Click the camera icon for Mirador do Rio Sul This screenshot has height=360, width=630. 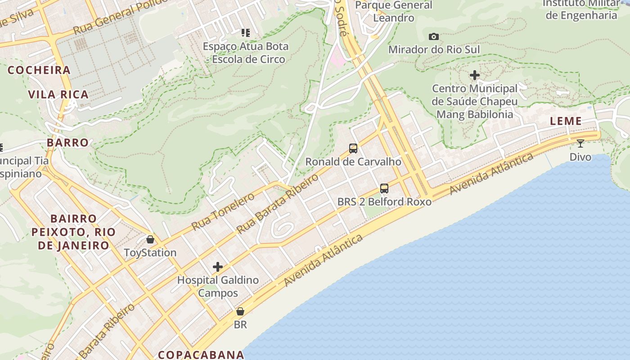[x=434, y=36]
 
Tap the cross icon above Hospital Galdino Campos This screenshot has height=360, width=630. [x=218, y=267]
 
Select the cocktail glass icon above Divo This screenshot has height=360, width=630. [x=580, y=144]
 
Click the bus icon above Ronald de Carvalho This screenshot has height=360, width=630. [x=353, y=148]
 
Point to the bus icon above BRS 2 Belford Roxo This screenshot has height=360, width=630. [x=384, y=189]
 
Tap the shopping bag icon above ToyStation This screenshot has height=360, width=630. [x=150, y=239]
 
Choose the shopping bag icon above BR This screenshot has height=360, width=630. [x=240, y=311]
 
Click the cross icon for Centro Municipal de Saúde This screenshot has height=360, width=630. [x=475, y=75]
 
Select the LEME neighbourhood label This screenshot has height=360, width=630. [x=566, y=121]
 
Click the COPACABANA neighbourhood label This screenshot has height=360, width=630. [x=201, y=355]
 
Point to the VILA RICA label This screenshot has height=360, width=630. [x=58, y=94]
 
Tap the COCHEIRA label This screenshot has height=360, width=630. [x=39, y=70]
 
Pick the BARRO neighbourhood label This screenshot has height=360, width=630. [x=68, y=143]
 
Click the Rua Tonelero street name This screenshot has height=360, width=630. [x=223, y=211]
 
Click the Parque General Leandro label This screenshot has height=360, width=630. [x=394, y=12]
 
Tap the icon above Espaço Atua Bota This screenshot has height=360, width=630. [x=245, y=32]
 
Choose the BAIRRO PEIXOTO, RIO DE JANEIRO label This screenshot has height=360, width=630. [x=73, y=232]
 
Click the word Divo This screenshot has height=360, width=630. [x=580, y=157]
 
